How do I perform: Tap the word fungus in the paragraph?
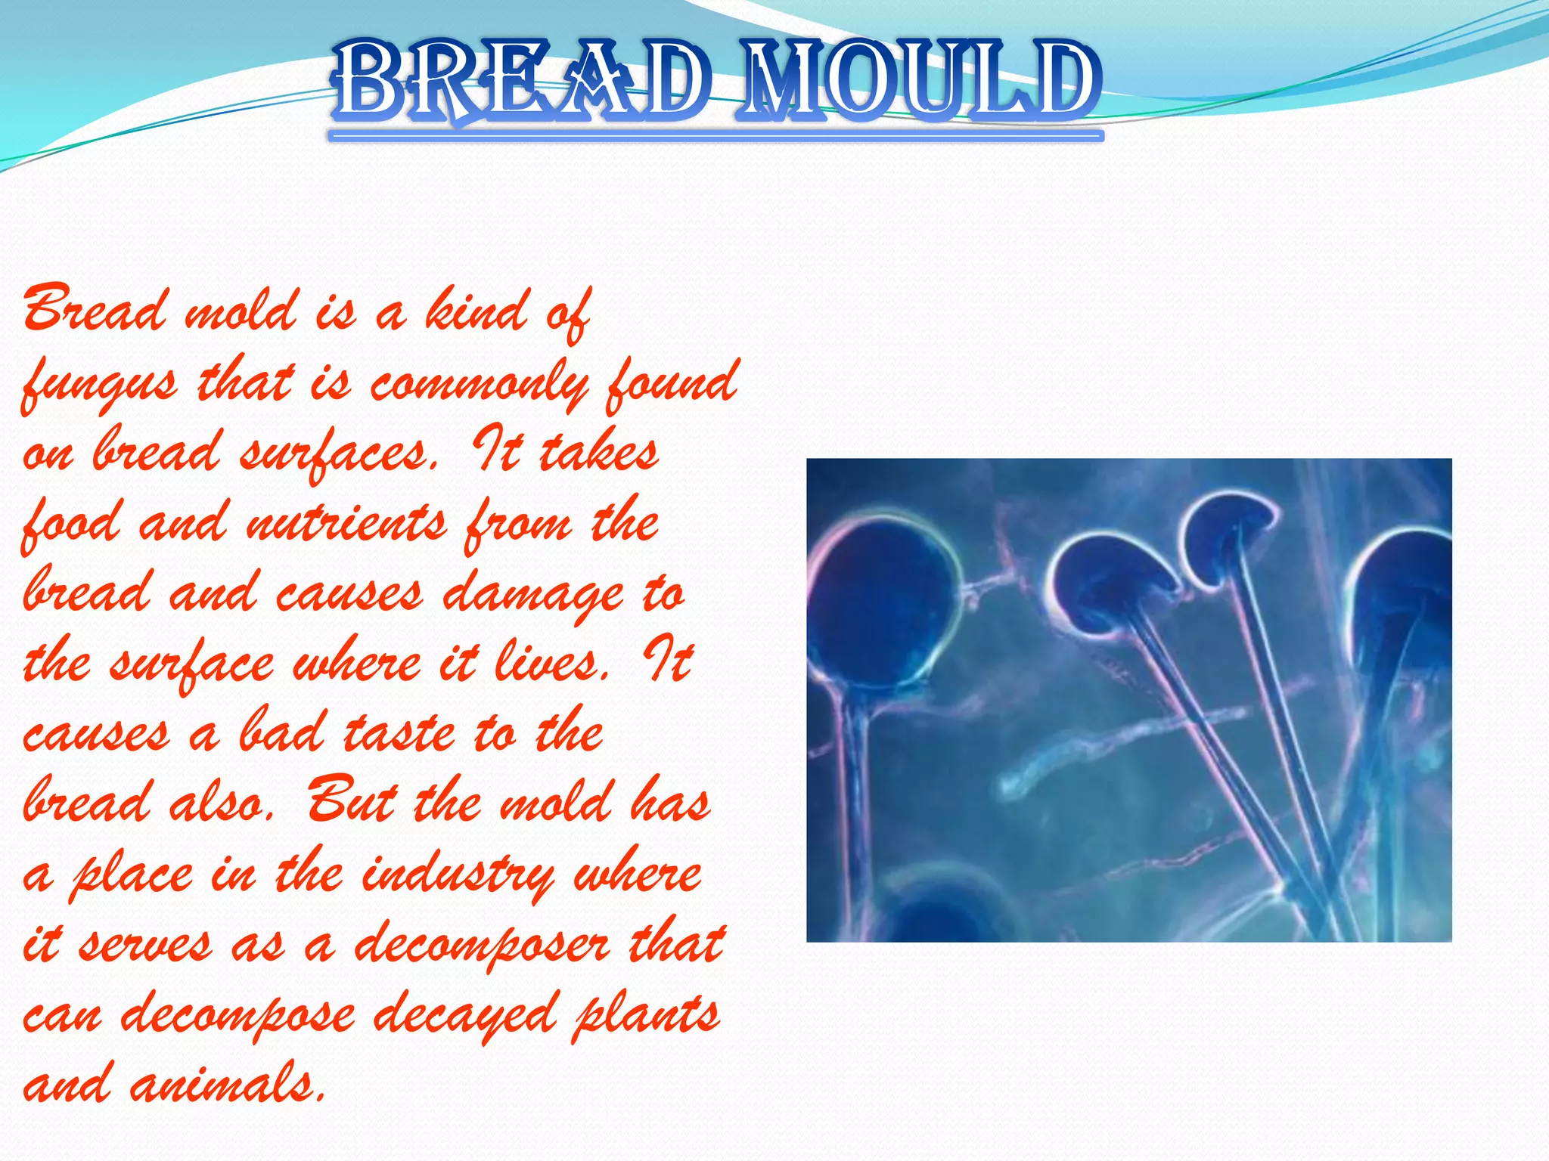pyautogui.click(x=101, y=383)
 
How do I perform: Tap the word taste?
pyautogui.click(x=400, y=733)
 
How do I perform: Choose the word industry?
pyautogui.click(x=458, y=875)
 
